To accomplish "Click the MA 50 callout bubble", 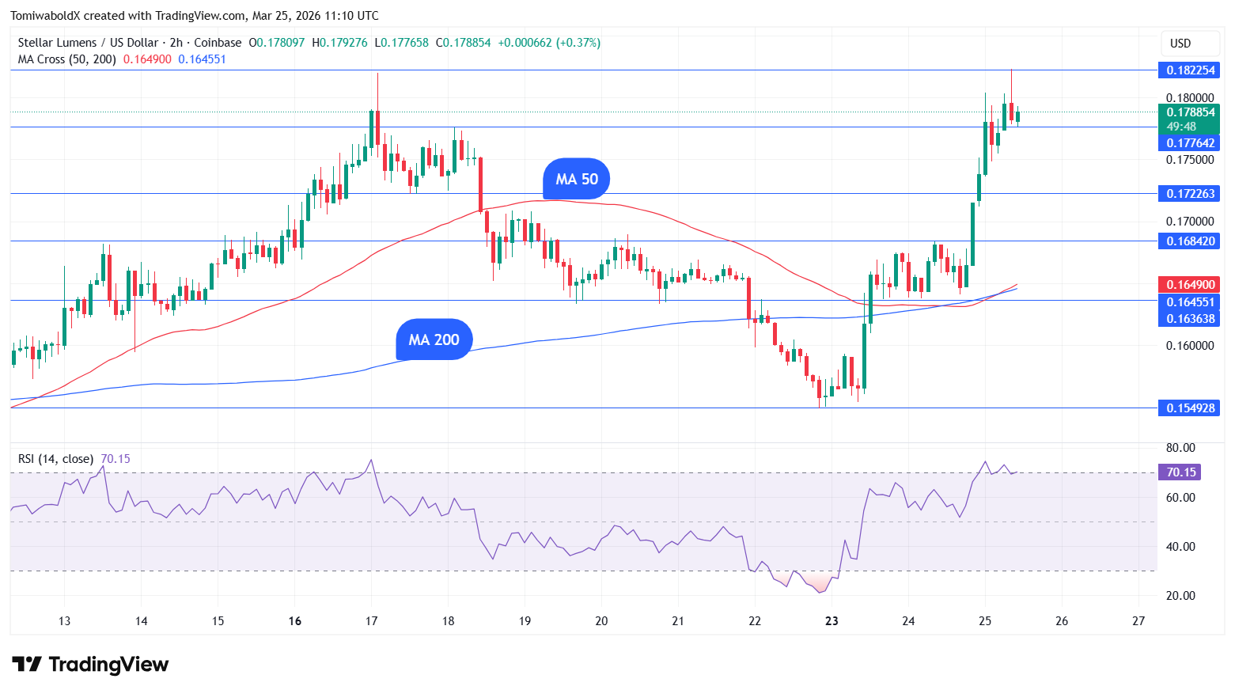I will (x=577, y=180).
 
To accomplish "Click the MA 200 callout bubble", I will (x=434, y=339).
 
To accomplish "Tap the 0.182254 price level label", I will (x=1189, y=70).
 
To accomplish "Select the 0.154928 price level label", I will (x=1189, y=408).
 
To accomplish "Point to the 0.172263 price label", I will (x=1189, y=194).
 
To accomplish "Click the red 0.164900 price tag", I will (x=1189, y=285).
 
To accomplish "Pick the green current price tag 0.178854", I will (x=1189, y=112).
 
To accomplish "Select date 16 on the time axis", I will (x=295, y=621).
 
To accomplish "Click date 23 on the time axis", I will (x=832, y=621).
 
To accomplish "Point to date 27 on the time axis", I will (x=1138, y=621).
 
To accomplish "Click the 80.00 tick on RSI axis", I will (x=1180, y=448).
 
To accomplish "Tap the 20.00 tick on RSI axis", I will (x=1180, y=596).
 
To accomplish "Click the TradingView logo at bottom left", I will (x=90, y=664).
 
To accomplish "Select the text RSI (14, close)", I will (x=55, y=459).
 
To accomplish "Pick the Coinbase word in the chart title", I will (x=218, y=43).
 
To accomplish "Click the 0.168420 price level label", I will (x=1189, y=241).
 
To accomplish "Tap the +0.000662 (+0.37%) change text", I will (x=548, y=43).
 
